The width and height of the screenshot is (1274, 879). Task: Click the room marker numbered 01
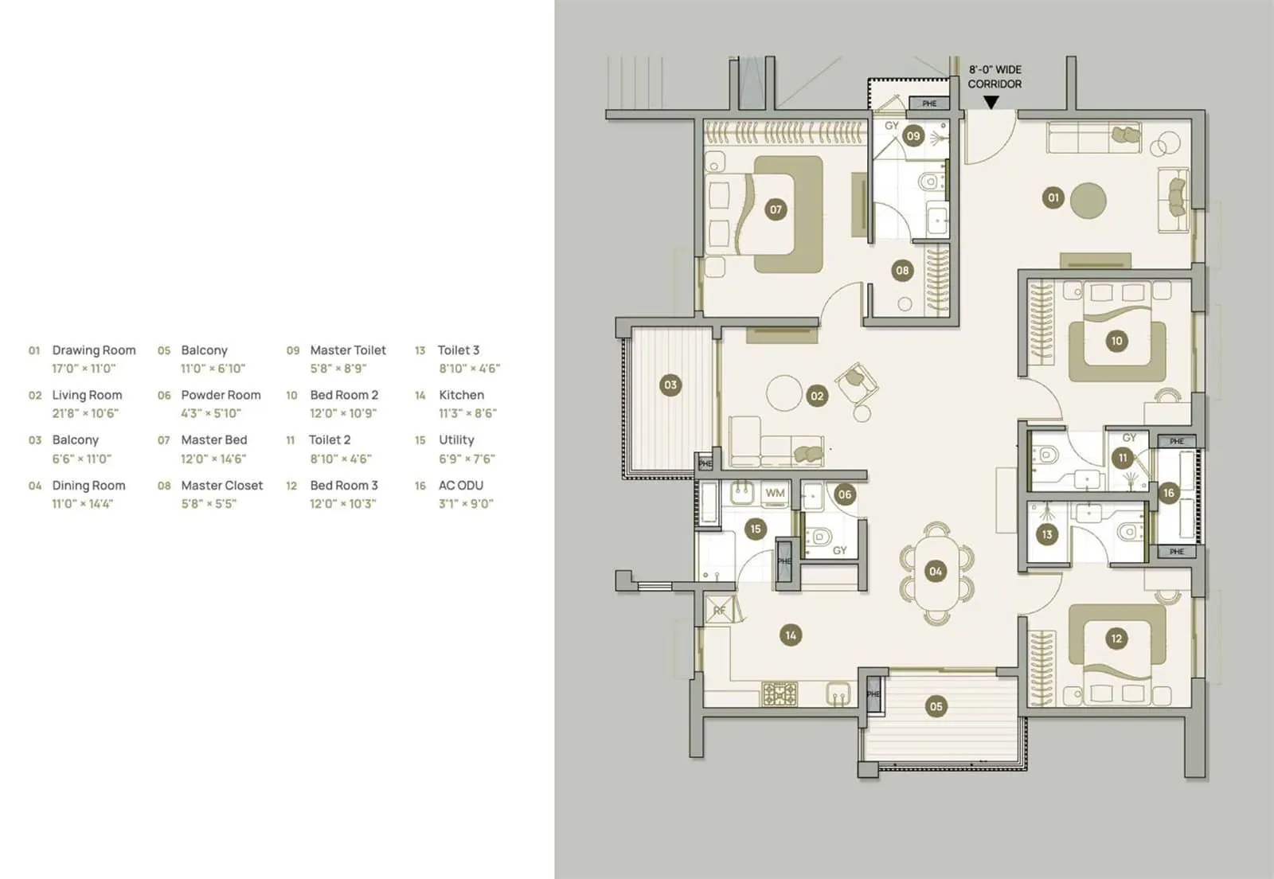pos(1053,197)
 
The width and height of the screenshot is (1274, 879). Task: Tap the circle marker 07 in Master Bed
pos(775,209)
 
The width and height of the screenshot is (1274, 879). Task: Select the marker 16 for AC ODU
pos(1168,493)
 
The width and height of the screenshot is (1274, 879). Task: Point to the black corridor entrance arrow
pos(991,103)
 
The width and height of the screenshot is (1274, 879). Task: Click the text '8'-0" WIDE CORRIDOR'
pos(995,76)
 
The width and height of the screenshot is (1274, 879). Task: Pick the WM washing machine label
pos(775,493)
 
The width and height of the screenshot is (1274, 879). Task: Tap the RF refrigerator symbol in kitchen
pos(720,611)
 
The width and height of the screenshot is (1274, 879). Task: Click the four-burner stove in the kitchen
pos(780,693)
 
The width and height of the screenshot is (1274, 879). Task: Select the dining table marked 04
pos(936,571)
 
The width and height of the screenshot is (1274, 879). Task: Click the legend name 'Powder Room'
pos(221,395)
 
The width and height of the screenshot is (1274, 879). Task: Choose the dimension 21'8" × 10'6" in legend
pos(85,413)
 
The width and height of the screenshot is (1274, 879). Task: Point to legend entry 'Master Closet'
pos(221,485)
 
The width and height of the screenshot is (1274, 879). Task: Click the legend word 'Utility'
pos(456,439)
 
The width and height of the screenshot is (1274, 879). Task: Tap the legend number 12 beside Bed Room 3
pos(291,486)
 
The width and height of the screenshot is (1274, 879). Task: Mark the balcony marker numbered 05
pos(936,705)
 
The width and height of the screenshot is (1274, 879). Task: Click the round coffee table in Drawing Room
pos(1088,201)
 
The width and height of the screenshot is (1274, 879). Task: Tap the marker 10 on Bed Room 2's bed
pos(1116,341)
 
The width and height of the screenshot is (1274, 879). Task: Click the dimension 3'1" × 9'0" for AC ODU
pos(466,503)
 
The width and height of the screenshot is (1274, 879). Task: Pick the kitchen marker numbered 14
pos(790,635)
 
